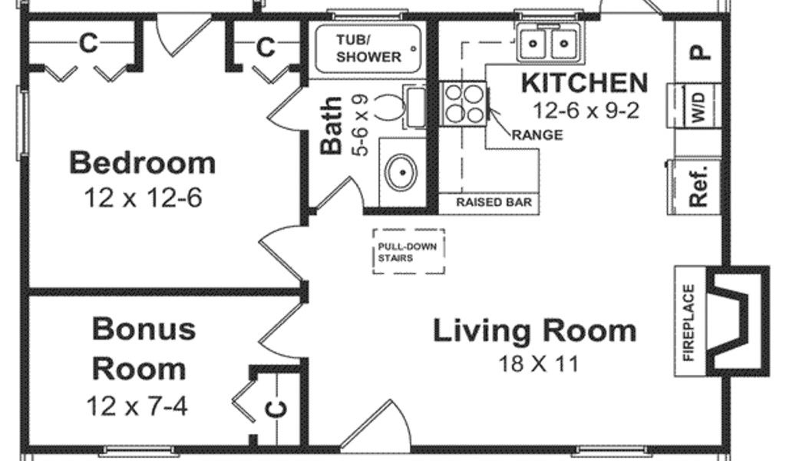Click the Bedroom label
tap(142, 163)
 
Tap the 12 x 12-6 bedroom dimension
tap(143, 197)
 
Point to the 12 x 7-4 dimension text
tap(137, 406)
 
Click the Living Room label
tap(534, 331)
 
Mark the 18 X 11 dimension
tap(538, 363)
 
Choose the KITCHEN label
tap(584, 83)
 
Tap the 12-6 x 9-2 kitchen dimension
tap(586, 111)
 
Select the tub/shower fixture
tap(368, 48)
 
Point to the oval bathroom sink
tap(401, 172)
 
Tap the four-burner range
tap(464, 104)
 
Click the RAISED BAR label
tap(494, 202)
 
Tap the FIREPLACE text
tap(689, 322)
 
